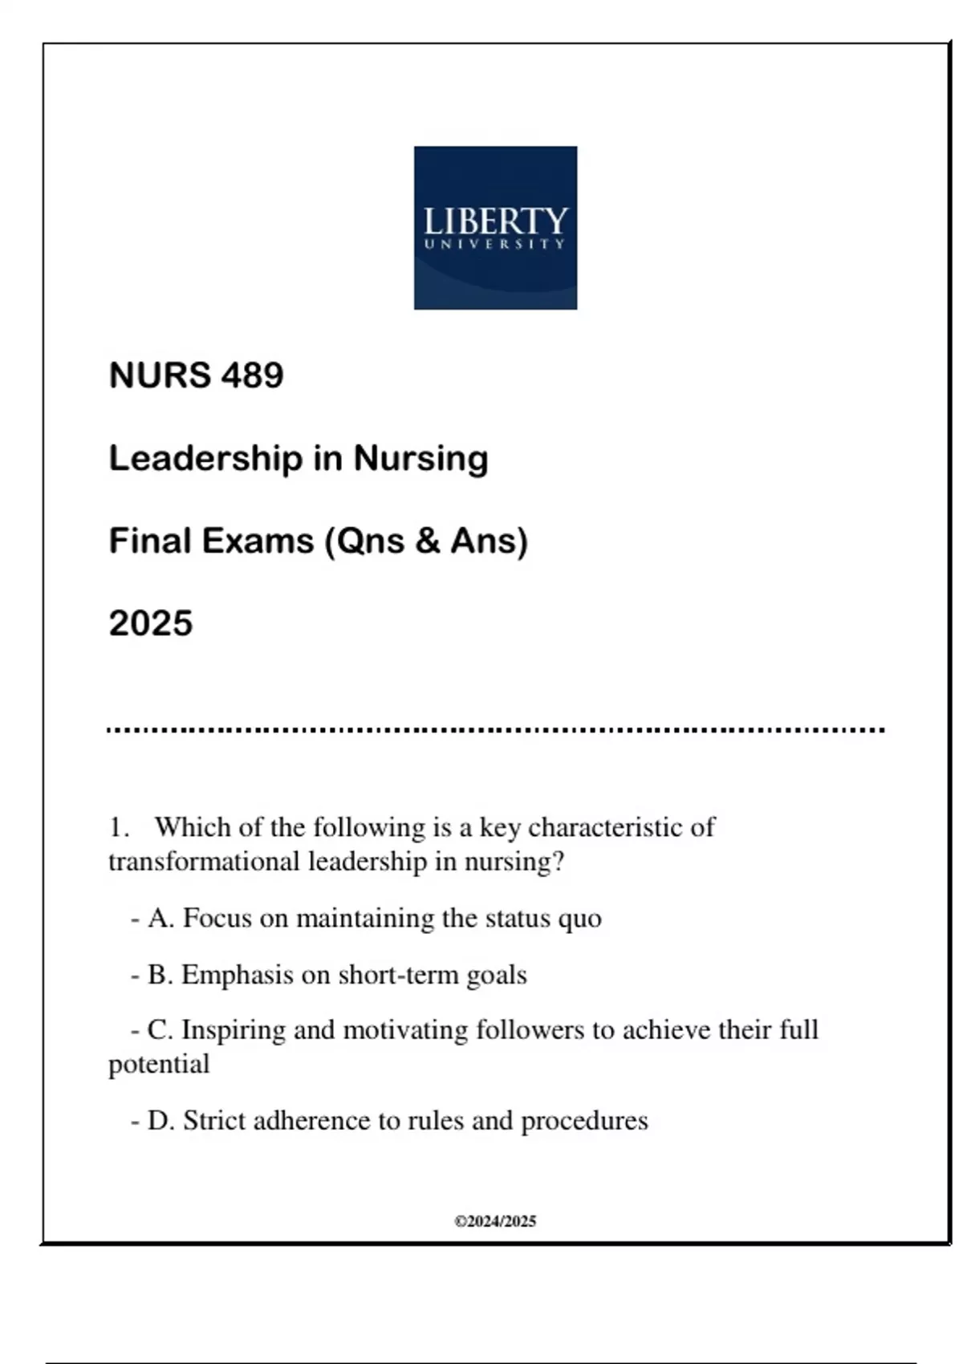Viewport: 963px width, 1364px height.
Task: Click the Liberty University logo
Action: click(495, 227)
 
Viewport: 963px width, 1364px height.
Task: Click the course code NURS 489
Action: click(196, 376)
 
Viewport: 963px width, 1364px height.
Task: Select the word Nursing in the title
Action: click(421, 459)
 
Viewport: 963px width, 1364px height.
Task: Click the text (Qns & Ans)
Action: click(426, 541)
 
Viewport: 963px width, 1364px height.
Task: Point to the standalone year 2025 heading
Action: click(151, 623)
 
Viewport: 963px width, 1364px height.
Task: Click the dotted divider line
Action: click(495, 730)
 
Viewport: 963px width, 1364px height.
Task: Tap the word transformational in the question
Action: click(204, 862)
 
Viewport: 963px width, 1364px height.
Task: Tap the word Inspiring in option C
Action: click(233, 1029)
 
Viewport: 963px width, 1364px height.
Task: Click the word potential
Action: click(159, 1065)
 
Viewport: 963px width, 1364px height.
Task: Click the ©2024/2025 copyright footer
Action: click(495, 1221)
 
